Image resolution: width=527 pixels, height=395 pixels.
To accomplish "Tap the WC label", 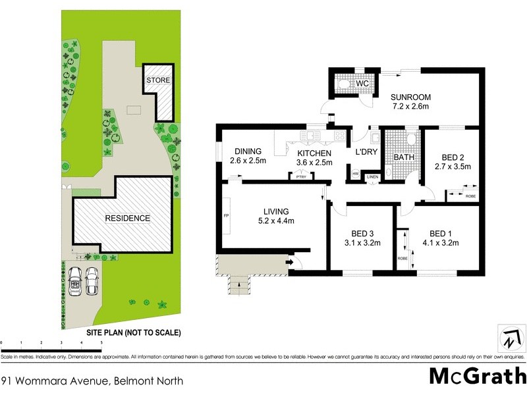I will (x=362, y=84).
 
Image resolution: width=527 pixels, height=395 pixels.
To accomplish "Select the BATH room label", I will (x=403, y=158).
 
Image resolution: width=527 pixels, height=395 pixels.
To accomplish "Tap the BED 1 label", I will (x=442, y=233).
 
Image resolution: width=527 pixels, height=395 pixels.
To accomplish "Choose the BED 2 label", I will (x=454, y=158).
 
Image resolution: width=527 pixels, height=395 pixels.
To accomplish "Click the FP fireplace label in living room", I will (x=226, y=215).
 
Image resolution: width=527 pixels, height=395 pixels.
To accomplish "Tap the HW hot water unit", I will (x=355, y=174).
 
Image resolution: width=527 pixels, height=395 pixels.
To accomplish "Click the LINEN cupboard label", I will (x=372, y=176).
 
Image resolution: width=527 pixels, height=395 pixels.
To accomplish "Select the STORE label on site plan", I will (x=158, y=80).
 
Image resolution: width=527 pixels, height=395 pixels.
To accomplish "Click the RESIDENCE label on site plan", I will (x=127, y=218).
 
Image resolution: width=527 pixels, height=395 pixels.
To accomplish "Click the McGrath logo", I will (x=477, y=376).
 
